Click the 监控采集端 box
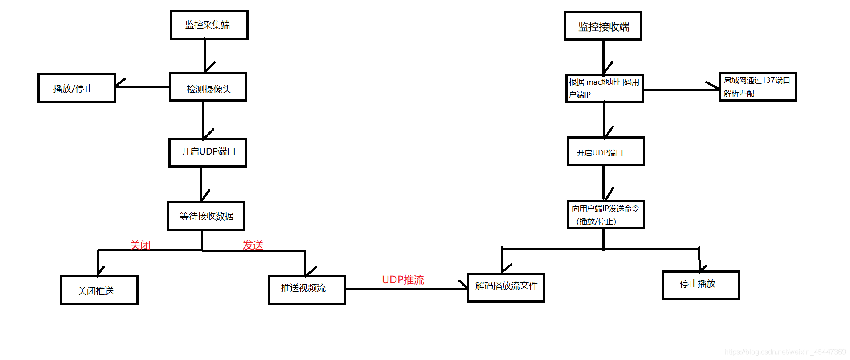pyautogui.click(x=209, y=25)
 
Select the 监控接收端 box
pyautogui.click(x=603, y=26)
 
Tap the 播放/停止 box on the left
pyautogui.click(x=76, y=88)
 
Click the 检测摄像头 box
pyautogui.click(x=208, y=87)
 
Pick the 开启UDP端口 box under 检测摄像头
pyautogui.click(x=208, y=152)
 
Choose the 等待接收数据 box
pyautogui.click(x=206, y=216)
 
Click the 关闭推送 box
pyautogui.click(x=99, y=290)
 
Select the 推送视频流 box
pyautogui.click(x=306, y=290)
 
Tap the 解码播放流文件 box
pyautogui.click(x=506, y=287)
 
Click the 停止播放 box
pyautogui.click(x=700, y=285)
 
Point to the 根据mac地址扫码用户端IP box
pyautogui.click(x=604, y=89)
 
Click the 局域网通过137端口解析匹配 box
pyautogui.click(x=757, y=87)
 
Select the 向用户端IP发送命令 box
pyautogui.click(x=605, y=215)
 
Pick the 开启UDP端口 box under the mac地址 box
pyautogui.click(x=605, y=151)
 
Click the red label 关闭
pyautogui.click(x=140, y=245)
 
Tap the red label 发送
pyautogui.click(x=253, y=245)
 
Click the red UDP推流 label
pyautogui.click(x=403, y=280)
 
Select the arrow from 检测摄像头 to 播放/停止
pyautogui.click(x=142, y=87)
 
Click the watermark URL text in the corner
pyautogui.click(x=785, y=352)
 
